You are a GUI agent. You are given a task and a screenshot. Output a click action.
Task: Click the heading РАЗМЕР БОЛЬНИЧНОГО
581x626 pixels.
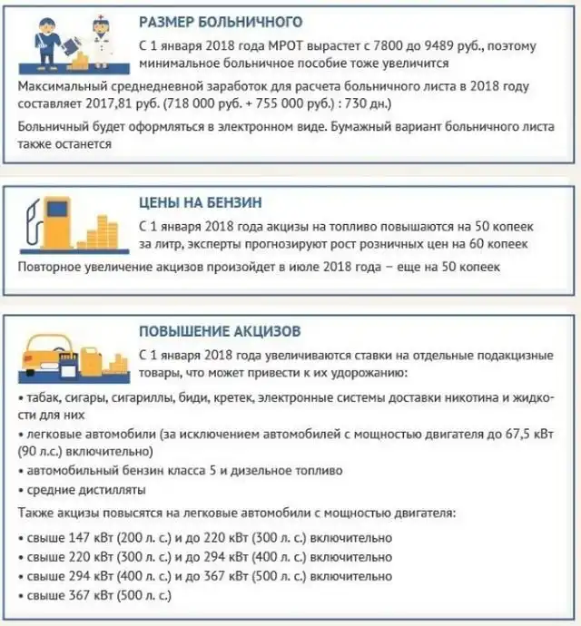tap(221, 21)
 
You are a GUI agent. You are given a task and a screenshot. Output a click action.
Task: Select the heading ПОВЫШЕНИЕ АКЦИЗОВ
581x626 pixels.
tap(220, 332)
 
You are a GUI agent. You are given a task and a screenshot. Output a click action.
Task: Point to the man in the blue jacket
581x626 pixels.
tap(44, 40)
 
